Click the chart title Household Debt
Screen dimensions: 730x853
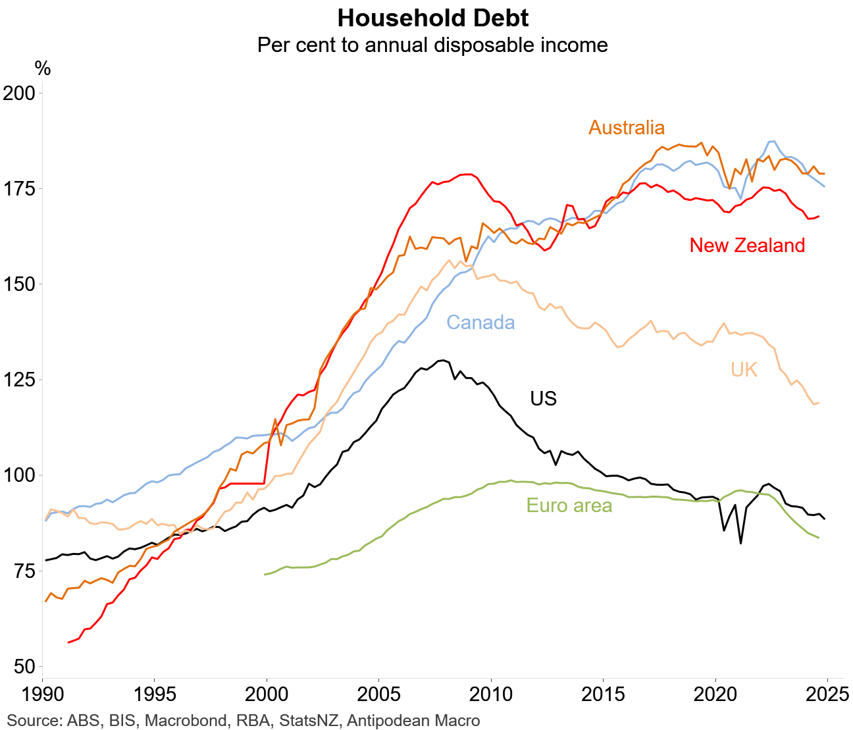coord(432,18)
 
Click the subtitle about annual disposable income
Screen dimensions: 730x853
coord(432,45)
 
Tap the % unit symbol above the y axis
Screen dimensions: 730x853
coord(43,68)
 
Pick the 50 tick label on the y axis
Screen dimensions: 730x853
coord(23,667)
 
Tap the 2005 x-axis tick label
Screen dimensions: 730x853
coord(378,694)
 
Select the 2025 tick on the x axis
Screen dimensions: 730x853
coord(827,694)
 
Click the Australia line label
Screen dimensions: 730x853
coord(627,128)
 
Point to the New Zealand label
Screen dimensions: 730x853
coord(747,246)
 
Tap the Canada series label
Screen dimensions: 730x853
coord(480,323)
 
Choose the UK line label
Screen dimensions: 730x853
coord(744,370)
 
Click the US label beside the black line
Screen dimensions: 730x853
coord(543,399)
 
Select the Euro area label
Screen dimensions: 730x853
coord(569,506)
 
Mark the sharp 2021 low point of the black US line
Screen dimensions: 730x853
coord(740,543)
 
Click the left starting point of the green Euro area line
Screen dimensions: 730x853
coord(265,575)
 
